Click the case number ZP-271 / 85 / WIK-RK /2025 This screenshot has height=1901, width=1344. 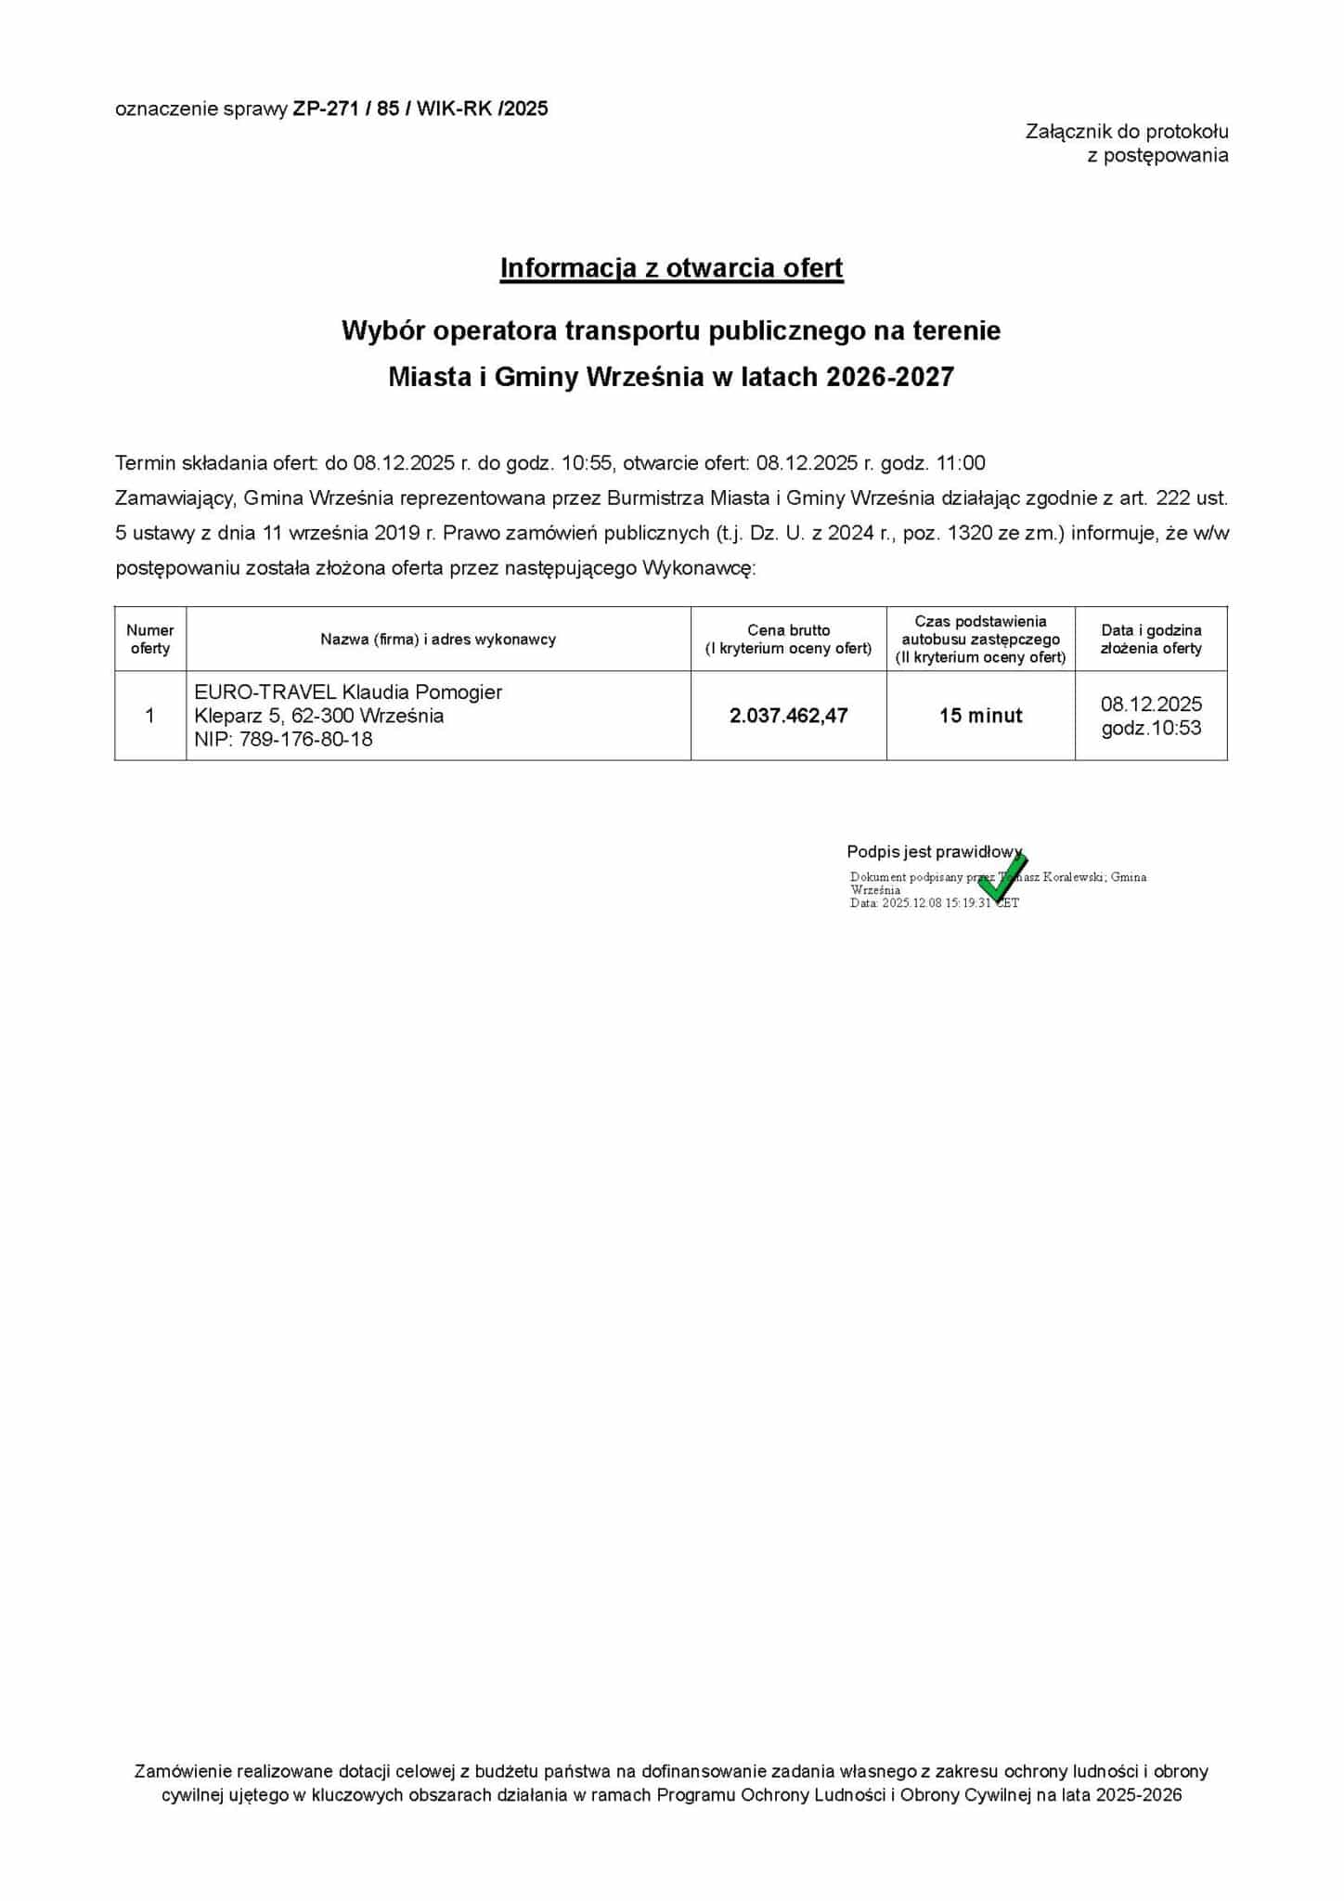[x=420, y=109]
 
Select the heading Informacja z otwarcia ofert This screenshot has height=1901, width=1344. [x=671, y=267]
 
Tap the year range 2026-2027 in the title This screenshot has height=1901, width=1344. [x=889, y=377]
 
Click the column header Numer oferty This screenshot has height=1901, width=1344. [x=150, y=639]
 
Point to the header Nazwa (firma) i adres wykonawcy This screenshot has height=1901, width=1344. [x=438, y=639]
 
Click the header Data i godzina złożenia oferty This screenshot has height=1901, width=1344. [x=1151, y=639]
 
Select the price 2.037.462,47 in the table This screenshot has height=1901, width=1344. [x=788, y=716]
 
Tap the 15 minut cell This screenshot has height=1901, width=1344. [x=980, y=716]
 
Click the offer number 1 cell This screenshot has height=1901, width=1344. [x=150, y=716]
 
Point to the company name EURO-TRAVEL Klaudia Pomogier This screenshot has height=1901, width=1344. [x=348, y=692]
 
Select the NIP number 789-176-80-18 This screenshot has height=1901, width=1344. [x=306, y=740]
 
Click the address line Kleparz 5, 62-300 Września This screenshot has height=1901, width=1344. [x=318, y=716]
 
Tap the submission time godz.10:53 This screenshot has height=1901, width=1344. [x=1151, y=729]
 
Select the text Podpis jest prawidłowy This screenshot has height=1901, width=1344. [x=933, y=851]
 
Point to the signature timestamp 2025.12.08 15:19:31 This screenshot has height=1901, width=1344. [x=936, y=903]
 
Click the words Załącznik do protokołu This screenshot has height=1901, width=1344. [x=1127, y=132]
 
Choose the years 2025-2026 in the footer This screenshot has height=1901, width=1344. [x=1138, y=1794]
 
